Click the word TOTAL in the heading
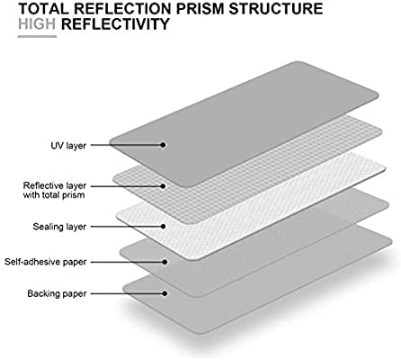[x=44, y=8]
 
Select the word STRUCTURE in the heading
[x=276, y=8]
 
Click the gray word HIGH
[x=37, y=24]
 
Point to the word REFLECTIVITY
[x=115, y=24]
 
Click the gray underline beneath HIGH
[x=37, y=37]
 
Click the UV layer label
[x=68, y=146]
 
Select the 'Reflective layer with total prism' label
[x=55, y=190]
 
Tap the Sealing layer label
[x=59, y=227]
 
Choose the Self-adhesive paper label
[x=46, y=262]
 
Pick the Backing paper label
[x=57, y=293]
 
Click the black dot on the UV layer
[x=163, y=145]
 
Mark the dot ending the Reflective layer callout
[x=163, y=186]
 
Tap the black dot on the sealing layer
[x=163, y=227]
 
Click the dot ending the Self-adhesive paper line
[x=165, y=262]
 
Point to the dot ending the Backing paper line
[x=165, y=293]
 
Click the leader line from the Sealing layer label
[x=126, y=227]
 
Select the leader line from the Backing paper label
[x=127, y=293]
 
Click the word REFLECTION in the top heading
[x=123, y=8]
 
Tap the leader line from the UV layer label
[x=126, y=145]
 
